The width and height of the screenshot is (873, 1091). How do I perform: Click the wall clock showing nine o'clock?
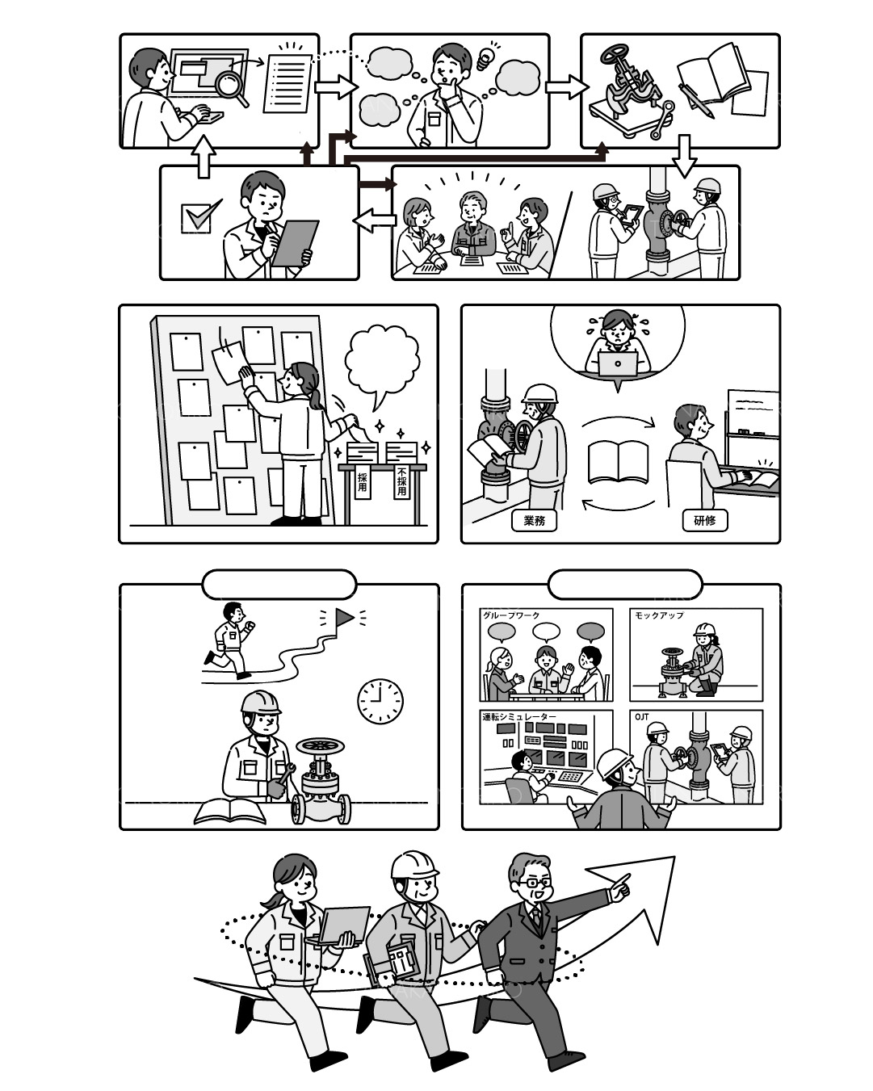tap(380, 701)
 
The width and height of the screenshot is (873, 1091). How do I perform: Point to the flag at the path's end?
tap(345, 617)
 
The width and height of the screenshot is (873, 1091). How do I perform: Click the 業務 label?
tap(535, 521)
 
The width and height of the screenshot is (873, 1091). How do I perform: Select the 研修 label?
tap(705, 521)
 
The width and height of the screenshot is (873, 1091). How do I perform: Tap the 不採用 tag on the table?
tap(402, 480)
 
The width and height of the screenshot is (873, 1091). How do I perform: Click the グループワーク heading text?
tap(511, 615)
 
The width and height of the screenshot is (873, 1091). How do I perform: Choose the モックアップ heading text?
tap(659, 615)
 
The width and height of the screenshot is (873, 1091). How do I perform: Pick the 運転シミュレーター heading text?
tap(519, 717)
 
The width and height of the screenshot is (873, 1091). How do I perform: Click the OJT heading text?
tap(642, 717)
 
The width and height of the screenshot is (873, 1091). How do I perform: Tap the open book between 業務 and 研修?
tap(618, 462)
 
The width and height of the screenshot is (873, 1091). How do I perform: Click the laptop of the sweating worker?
tap(618, 363)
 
